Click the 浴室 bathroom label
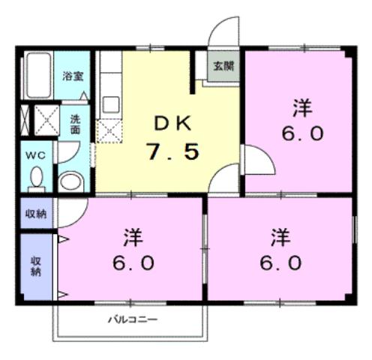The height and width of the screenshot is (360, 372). (72, 76)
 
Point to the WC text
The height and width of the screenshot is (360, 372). (34, 154)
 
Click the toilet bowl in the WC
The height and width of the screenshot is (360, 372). (35, 178)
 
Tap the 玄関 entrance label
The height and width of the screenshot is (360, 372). (223, 66)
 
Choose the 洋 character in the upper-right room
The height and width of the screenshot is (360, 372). (302, 107)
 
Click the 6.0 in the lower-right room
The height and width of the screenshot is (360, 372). (281, 263)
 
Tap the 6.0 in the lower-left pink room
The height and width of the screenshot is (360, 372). (135, 263)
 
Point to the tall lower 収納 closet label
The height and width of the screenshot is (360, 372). (36, 266)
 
